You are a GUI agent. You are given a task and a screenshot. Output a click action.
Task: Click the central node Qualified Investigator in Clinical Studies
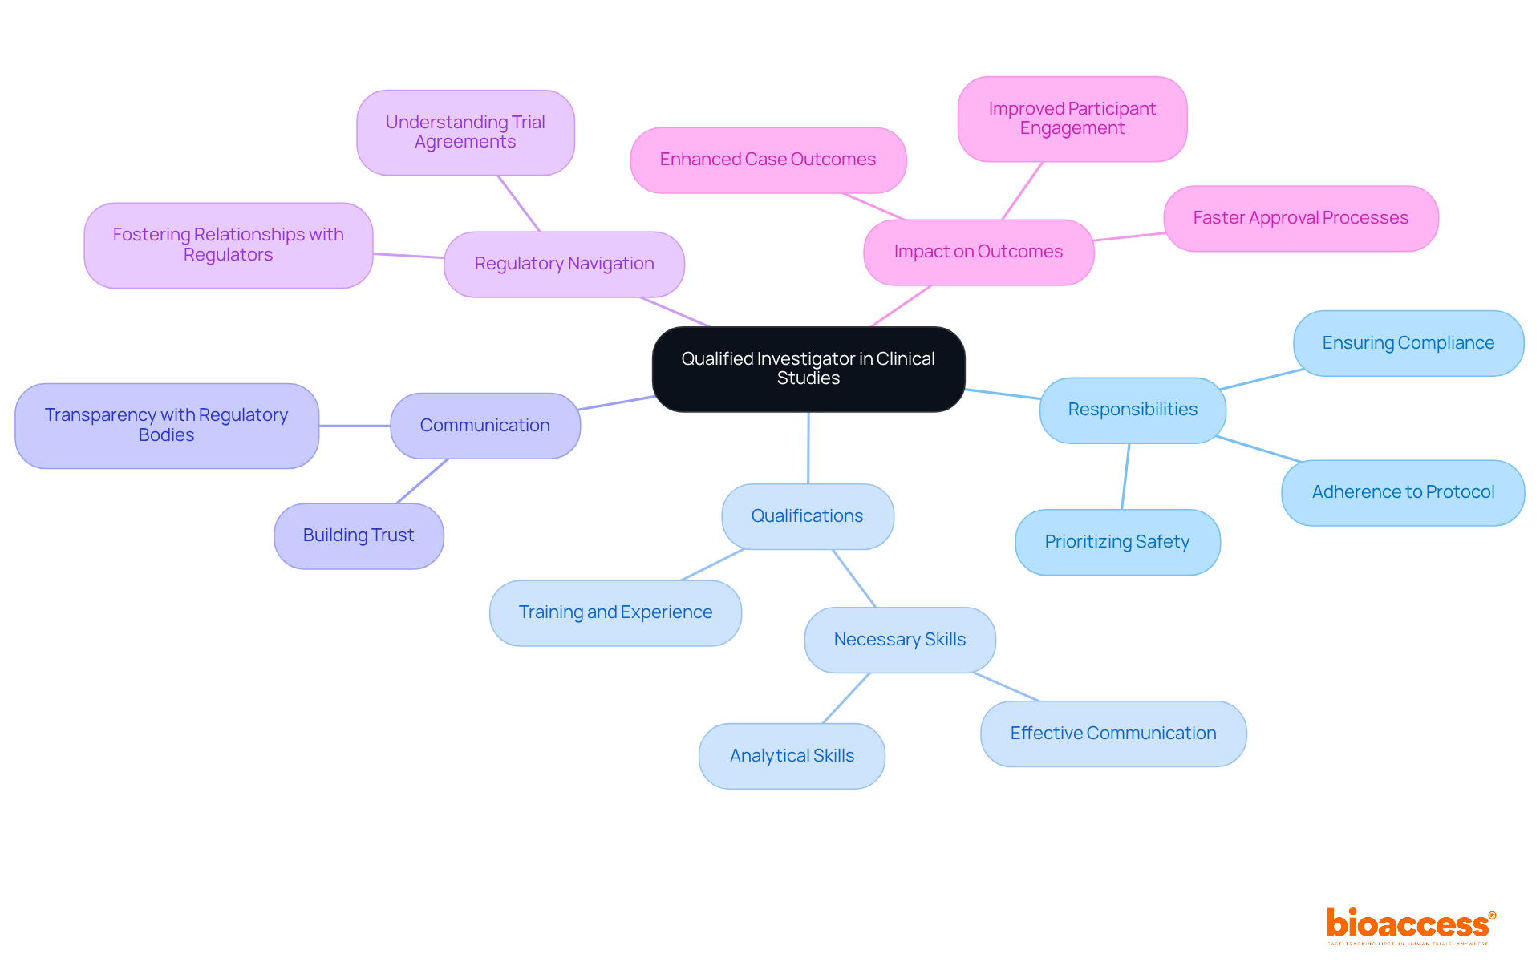click(808, 369)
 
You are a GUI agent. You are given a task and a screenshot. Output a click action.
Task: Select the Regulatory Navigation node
click(564, 264)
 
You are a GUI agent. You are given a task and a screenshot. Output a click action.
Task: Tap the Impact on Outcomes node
click(978, 252)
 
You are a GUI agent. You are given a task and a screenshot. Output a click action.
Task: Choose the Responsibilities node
click(1132, 410)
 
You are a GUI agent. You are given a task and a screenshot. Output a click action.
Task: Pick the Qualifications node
click(807, 516)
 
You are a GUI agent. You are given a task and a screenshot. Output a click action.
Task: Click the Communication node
click(484, 426)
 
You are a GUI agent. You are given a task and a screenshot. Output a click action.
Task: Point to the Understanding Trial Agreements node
click(465, 132)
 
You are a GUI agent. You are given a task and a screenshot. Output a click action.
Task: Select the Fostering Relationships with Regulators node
click(228, 245)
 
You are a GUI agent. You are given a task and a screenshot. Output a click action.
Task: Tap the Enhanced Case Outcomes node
click(768, 160)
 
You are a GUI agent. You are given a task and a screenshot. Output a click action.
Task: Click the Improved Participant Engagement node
click(1072, 119)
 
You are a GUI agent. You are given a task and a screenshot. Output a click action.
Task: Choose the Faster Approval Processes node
click(1300, 218)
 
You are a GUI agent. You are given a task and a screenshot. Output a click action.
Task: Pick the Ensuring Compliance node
click(1408, 343)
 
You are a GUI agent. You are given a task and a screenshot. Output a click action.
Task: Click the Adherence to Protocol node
click(1403, 492)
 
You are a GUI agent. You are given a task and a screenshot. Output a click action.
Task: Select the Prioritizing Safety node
click(1116, 542)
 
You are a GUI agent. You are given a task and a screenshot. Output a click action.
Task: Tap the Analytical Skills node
click(792, 756)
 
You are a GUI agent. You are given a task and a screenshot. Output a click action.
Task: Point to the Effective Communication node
click(1112, 734)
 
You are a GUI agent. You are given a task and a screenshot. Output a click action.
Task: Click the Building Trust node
click(359, 535)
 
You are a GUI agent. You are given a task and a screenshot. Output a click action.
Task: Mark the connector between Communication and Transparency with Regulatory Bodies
click(355, 426)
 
